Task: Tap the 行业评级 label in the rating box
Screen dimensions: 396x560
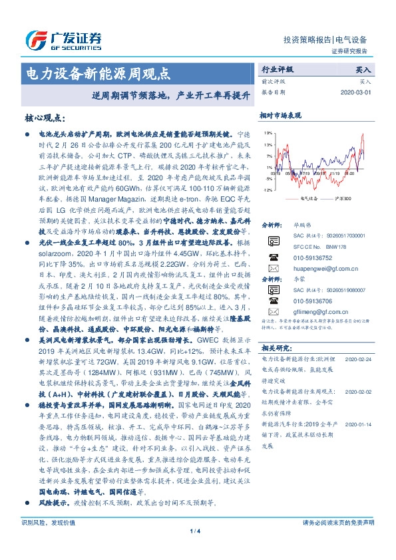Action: [275, 69]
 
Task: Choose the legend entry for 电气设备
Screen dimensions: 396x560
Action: [307, 198]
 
